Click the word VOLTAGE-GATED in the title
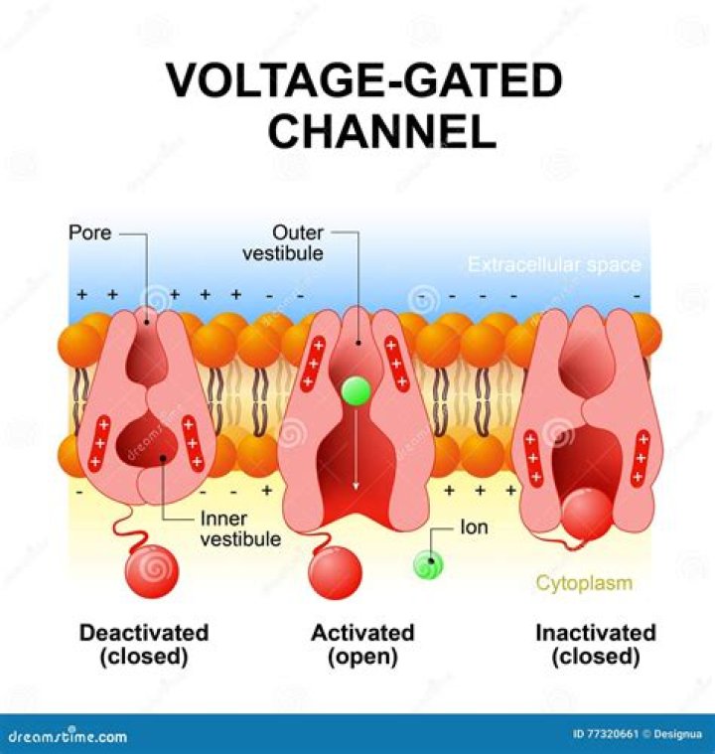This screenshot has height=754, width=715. point(364,81)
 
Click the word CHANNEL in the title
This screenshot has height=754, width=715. point(382,130)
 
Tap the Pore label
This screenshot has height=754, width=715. point(89,234)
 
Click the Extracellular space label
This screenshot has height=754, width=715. point(554,265)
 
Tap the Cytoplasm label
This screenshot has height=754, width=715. point(584,583)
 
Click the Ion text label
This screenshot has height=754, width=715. point(474,528)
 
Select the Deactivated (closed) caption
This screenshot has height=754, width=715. point(144,645)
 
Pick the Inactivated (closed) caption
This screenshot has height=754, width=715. point(595,645)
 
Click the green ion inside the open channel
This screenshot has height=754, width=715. point(355,390)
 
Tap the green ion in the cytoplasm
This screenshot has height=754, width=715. point(428,565)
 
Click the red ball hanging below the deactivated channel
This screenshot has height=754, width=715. point(151,571)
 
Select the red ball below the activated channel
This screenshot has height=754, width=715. point(336,573)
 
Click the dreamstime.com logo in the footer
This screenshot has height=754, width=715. point(69,736)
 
